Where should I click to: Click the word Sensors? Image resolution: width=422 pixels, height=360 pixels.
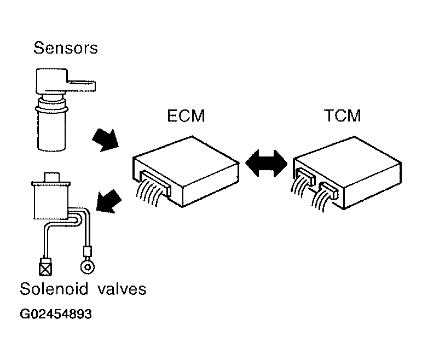[65, 48]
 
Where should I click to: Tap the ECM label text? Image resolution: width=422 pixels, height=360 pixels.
[186, 115]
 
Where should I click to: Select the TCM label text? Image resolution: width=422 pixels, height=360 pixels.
[342, 115]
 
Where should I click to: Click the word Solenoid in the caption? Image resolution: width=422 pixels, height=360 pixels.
[54, 289]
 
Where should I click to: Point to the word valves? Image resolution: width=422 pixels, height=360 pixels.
[122, 289]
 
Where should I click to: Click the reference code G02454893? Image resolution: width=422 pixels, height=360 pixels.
[56, 314]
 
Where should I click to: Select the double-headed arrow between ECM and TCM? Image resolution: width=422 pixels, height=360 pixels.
[266, 164]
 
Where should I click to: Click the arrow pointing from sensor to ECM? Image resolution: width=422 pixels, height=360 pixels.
[106, 140]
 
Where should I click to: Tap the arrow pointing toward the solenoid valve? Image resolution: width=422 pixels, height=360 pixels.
[108, 201]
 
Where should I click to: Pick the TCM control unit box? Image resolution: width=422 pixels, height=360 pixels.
[347, 172]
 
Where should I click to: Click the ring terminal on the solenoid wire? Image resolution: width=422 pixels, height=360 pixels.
[88, 267]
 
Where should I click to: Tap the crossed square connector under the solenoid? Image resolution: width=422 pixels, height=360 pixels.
[45, 266]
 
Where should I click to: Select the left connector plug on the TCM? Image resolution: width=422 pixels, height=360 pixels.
[305, 176]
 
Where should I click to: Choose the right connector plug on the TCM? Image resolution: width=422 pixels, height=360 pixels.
[328, 190]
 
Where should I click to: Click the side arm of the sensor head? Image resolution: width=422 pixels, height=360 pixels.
[81, 85]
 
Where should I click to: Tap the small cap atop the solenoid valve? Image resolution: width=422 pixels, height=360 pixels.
[51, 177]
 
